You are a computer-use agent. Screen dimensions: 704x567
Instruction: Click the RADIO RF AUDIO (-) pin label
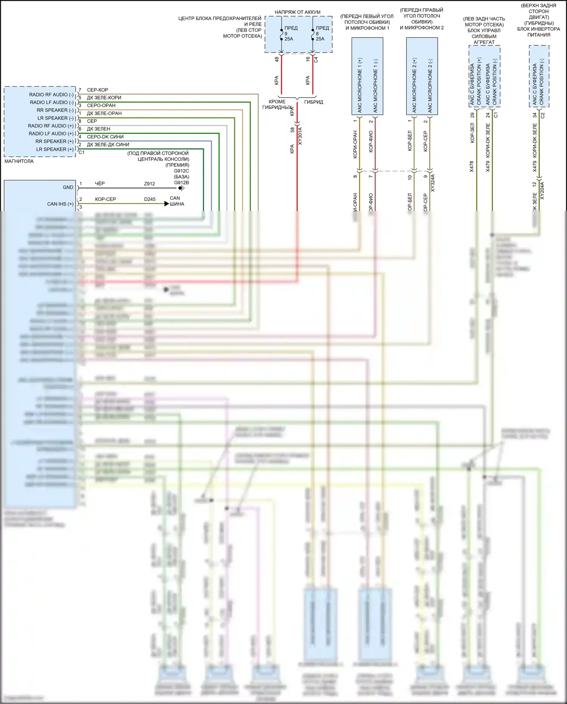pos(51,95)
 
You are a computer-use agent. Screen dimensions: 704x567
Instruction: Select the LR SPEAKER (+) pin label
pos(55,149)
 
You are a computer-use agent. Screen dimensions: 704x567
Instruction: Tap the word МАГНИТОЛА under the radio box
pos(19,161)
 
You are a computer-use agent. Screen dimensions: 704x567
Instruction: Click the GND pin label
pos(68,187)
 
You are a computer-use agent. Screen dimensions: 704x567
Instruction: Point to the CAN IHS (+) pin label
pos(60,204)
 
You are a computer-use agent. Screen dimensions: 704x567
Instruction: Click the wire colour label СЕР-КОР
pos(98,90)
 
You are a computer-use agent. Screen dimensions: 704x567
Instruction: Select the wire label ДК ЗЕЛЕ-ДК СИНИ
pos(108,145)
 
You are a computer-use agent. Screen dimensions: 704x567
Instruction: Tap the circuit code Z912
pos(149,184)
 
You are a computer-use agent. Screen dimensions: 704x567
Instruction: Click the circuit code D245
pos(150,199)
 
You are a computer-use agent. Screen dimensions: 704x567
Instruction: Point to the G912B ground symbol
pos(181,188)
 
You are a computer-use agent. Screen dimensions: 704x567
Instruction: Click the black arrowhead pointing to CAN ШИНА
pos(167,204)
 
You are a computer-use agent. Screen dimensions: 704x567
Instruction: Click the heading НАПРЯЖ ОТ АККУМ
pos(297,12)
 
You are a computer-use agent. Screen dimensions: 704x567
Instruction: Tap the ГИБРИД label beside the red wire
pos(314,102)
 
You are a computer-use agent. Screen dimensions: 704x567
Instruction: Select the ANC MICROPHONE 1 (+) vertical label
pos(360,85)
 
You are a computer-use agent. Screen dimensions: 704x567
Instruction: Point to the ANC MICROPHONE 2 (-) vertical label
pos(430,85)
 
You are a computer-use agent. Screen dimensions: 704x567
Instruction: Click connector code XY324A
pos(433,183)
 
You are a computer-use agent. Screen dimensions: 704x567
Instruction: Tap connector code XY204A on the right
pos(542,191)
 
